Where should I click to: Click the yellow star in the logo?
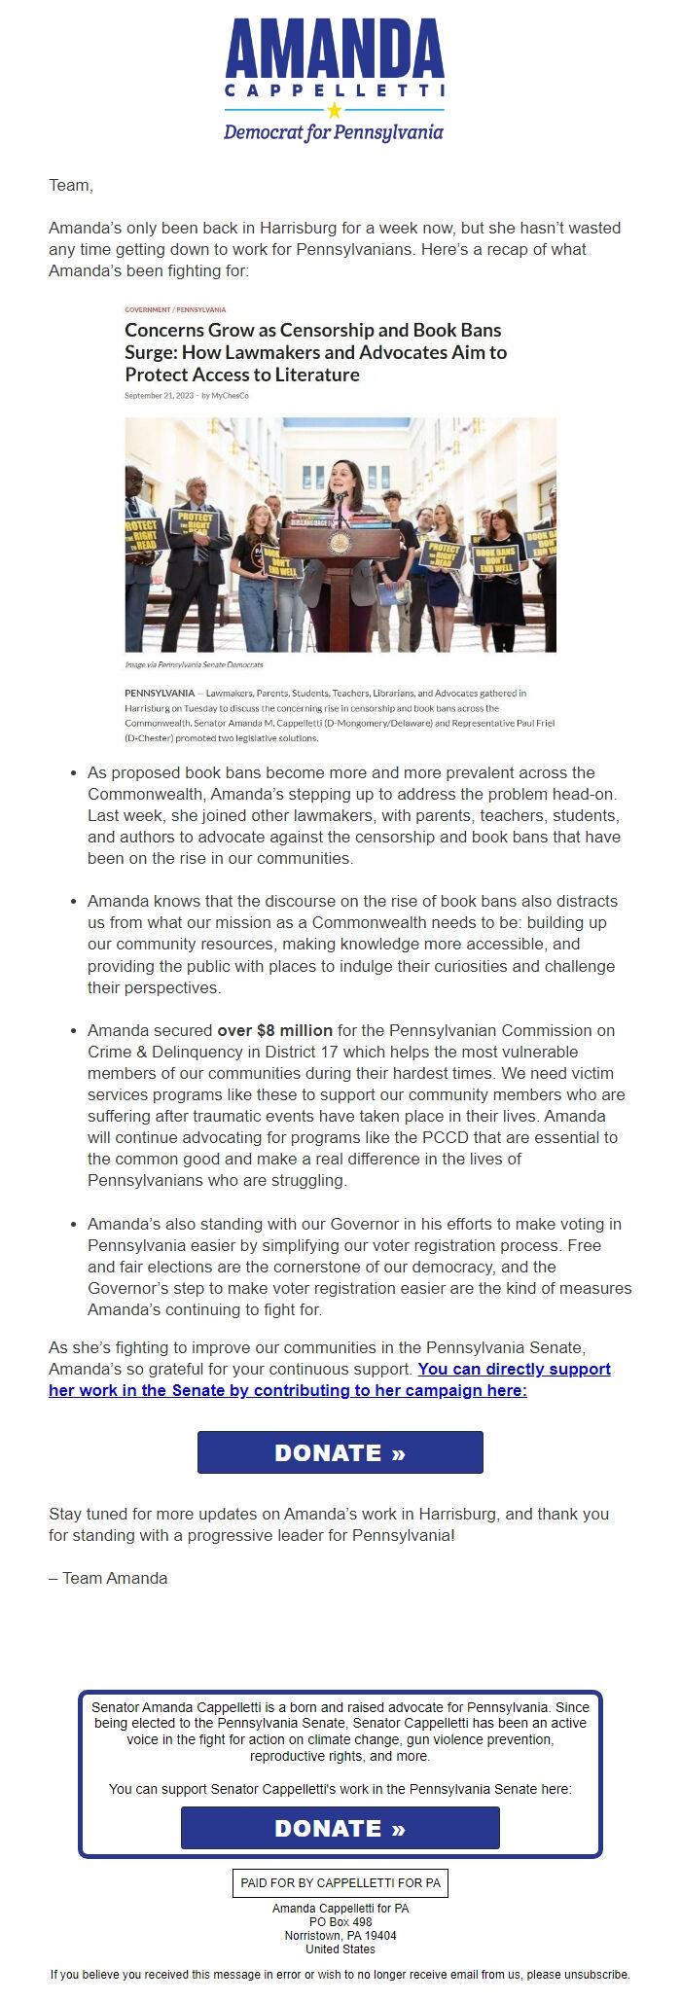point(335,110)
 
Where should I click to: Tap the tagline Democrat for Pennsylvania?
point(334,132)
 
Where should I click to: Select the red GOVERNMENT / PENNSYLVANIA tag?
point(175,309)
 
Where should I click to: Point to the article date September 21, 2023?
point(159,396)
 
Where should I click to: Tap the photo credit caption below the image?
point(194,664)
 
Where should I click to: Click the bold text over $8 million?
point(274,1030)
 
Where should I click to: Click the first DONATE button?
point(340,1452)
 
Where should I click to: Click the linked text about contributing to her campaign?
point(330,1380)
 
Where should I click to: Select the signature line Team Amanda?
point(108,1578)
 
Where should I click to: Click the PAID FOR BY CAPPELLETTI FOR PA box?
point(340,1882)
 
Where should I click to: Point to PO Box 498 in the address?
point(340,1922)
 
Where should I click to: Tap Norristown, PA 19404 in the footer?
point(340,1936)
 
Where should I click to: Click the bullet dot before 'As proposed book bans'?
point(74,773)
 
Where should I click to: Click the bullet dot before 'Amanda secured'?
point(74,1031)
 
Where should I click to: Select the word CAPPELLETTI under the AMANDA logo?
point(335,90)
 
